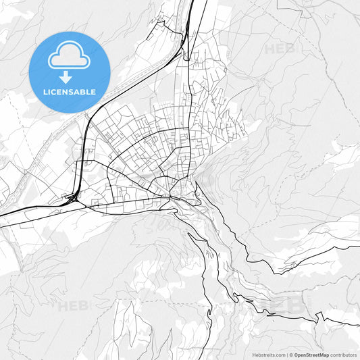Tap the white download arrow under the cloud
66,77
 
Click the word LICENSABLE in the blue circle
69,92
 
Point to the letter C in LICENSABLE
54,92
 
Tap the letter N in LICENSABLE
66,92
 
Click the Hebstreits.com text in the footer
268,355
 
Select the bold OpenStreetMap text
311,355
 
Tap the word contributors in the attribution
343,355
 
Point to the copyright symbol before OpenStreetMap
290,355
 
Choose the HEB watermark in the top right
280,49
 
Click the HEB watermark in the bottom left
73,306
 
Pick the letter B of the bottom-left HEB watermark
83,306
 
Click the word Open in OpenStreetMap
301,355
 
